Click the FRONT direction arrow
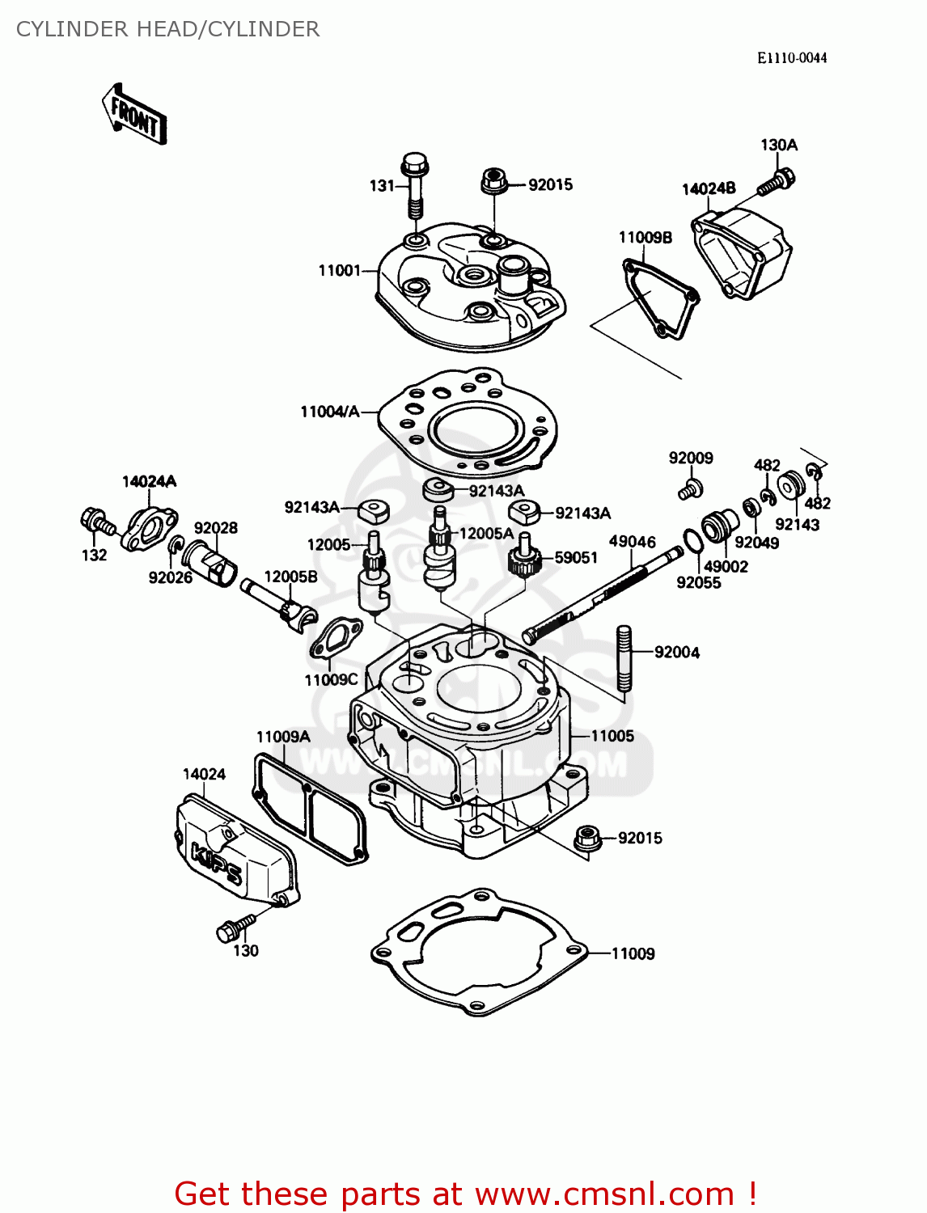[x=134, y=116]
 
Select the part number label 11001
[x=339, y=270]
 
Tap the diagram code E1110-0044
[x=791, y=57]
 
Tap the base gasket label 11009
[x=633, y=953]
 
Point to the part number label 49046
[x=632, y=542]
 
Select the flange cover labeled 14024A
[x=149, y=530]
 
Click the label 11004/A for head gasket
[x=329, y=412]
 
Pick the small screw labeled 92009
[x=690, y=488]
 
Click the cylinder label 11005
[x=612, y=736]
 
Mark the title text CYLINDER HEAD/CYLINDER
[x=167, y=29]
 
